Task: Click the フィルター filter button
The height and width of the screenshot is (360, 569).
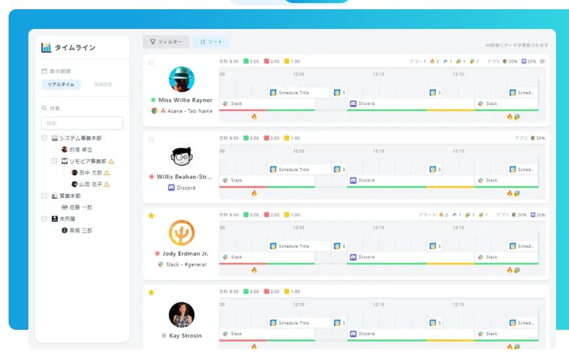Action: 166,42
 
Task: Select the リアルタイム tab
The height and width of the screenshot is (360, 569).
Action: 60,84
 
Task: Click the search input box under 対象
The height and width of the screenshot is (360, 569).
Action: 82,123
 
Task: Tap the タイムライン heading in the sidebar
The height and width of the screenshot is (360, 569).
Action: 75,48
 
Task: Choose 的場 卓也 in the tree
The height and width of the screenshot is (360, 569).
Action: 80,150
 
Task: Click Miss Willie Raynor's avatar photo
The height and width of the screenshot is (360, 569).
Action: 181,79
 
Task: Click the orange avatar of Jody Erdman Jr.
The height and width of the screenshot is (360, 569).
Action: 181,233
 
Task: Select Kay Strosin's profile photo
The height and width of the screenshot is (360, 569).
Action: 181,314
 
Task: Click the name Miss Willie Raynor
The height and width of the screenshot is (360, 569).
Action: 186,100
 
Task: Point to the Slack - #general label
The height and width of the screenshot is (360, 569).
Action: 186,264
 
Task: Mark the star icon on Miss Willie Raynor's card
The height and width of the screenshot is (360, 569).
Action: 151,62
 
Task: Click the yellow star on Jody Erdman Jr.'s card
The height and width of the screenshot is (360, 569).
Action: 151,216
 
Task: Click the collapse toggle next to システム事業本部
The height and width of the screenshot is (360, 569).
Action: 44,138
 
